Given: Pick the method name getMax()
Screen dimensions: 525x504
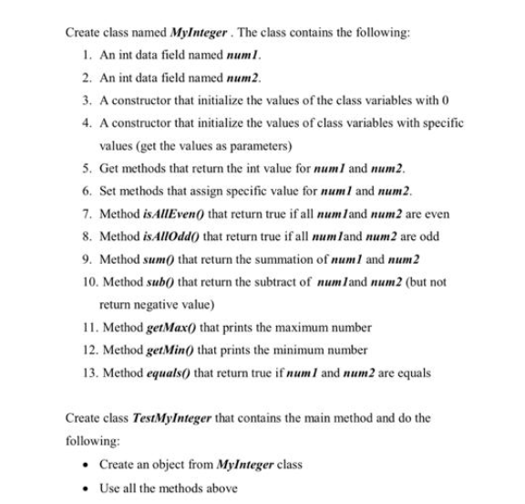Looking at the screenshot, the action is tap(174, 327).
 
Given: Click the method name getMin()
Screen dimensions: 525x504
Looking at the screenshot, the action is tap(173, 350).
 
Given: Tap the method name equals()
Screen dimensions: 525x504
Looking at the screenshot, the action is tap(170, 373).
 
